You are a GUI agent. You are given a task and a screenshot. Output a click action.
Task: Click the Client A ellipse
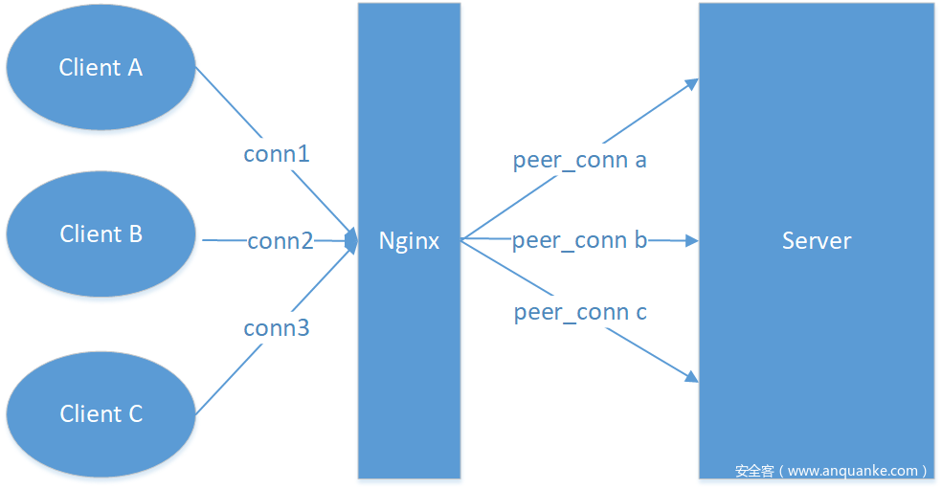[101, 67]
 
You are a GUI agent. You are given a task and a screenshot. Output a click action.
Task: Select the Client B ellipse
[101, 234]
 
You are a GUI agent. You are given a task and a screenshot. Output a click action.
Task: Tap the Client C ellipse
[101, 413]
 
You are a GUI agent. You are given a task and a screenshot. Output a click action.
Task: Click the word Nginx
[409, 240]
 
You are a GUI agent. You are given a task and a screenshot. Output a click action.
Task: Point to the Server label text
[816, 240]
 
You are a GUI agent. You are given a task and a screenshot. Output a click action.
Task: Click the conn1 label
[277, 153]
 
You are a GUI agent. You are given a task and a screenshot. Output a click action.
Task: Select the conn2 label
[280, 241]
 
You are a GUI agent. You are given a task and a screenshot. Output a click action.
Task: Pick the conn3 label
[277, 328]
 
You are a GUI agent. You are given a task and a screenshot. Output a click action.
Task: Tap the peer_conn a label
[579, 160]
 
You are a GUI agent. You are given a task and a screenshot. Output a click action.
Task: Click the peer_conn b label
[579, 240]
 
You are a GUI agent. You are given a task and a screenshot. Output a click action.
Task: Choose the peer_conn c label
[579, 312]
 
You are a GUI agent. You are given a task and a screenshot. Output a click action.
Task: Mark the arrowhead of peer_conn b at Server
[691, 241]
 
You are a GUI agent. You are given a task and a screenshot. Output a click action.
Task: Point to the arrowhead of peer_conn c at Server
[691, 378]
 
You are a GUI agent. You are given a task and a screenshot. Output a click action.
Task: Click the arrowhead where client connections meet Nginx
[351, 237]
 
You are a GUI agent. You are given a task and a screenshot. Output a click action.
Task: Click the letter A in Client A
[134, 67]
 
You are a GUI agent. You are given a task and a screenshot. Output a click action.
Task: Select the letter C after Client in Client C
[134, 413]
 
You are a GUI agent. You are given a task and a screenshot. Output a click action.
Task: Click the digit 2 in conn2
[306, 241]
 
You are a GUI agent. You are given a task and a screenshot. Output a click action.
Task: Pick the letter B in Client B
[134, 234]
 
